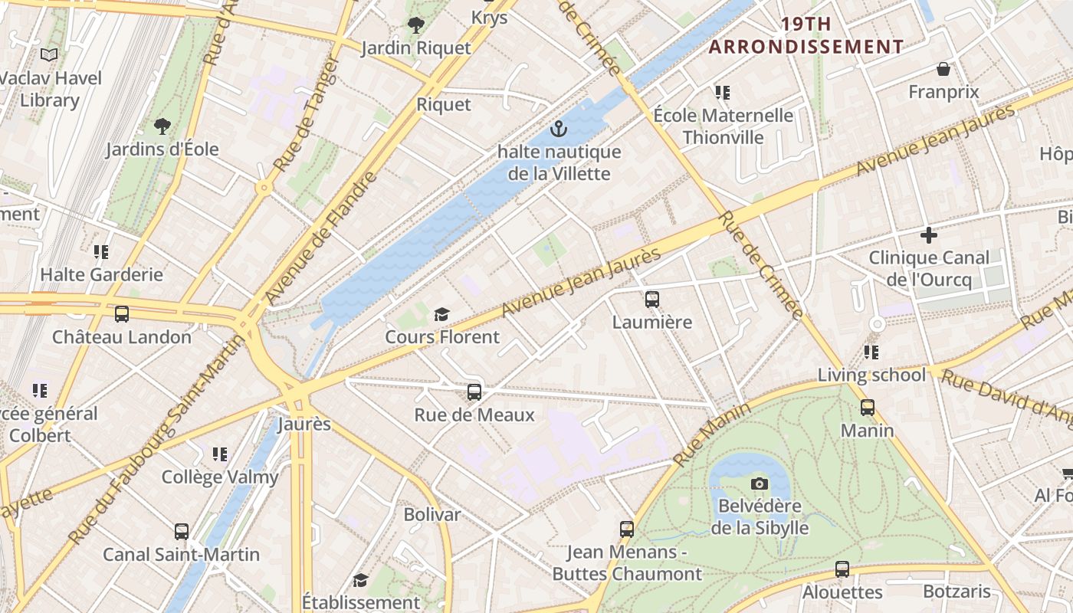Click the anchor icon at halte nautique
(559, 128)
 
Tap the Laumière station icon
(652, 299)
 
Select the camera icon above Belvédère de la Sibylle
(760, 484)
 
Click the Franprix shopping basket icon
(943, 69)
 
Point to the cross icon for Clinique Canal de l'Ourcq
(929, 234)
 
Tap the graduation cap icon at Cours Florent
(441, 314)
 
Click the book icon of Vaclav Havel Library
(49, 54)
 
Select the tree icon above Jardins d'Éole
(162, 126)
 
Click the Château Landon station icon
(121, 313)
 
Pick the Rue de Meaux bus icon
(474, 392)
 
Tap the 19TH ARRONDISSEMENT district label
(806, 35)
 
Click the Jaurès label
(304, 424)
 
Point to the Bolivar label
(432, 514)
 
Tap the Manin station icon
(868, 407)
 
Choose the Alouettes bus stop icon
(842, 569)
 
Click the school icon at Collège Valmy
(220, 454)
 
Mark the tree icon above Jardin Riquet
(416, 25)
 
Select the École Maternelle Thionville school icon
(722, 93)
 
